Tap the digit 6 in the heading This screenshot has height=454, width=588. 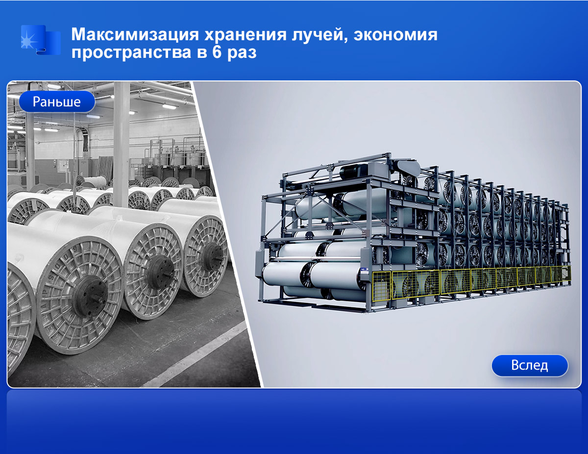pyautogui.click(x=217, y=52)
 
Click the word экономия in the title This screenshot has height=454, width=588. pyautogui.click(x=395, y=35)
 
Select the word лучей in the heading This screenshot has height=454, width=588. pyautogui.click(x=319, y=35)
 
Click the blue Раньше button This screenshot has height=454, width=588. pyautogui.click(x=57, y=102)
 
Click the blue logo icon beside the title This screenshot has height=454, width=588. pyautogui.click(x=41, y=40)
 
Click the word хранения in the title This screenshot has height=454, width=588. pyautogui.click(x=245, y=35)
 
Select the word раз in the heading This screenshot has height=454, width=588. pyautogui.click(x=242, y=53)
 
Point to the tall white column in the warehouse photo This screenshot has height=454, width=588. pyautogui.click(x=121, y=144)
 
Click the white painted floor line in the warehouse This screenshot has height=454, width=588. pyautogui.click(x=195, y=354)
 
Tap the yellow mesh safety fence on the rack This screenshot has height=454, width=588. pyautogui.click(x=471, y=283)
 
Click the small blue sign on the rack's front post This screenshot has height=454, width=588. pyautogui.click(x=363, y=270)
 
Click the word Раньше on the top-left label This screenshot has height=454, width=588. pyautogui.click(x=57, y=102)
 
